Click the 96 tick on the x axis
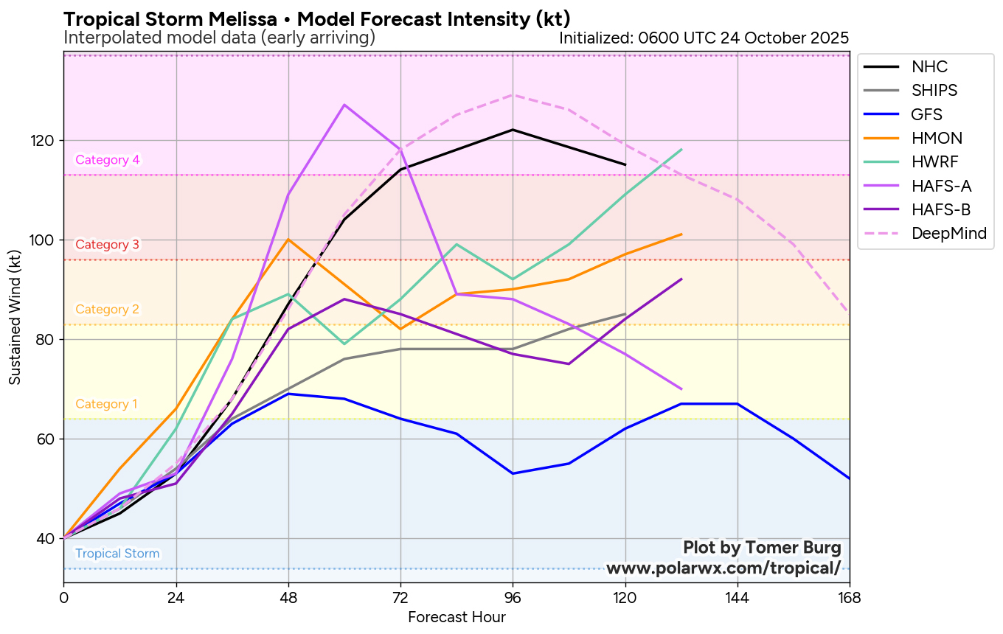tap(513, 597)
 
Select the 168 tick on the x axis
tap(850, 597)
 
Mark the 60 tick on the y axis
tap(48, 439)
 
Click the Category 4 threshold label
tap(108, 160)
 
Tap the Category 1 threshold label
tap(107, 404)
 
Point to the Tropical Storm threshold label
tap(117, 554)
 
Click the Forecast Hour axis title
tap(457, 617)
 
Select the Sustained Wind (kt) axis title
tap(15, 316)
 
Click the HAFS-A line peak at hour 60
tap(344, 105)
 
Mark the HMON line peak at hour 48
tap(288, 240)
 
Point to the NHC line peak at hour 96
tap(513, 130)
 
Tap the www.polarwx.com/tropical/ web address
tap(723, 568)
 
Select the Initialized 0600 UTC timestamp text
tap(704, 38)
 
